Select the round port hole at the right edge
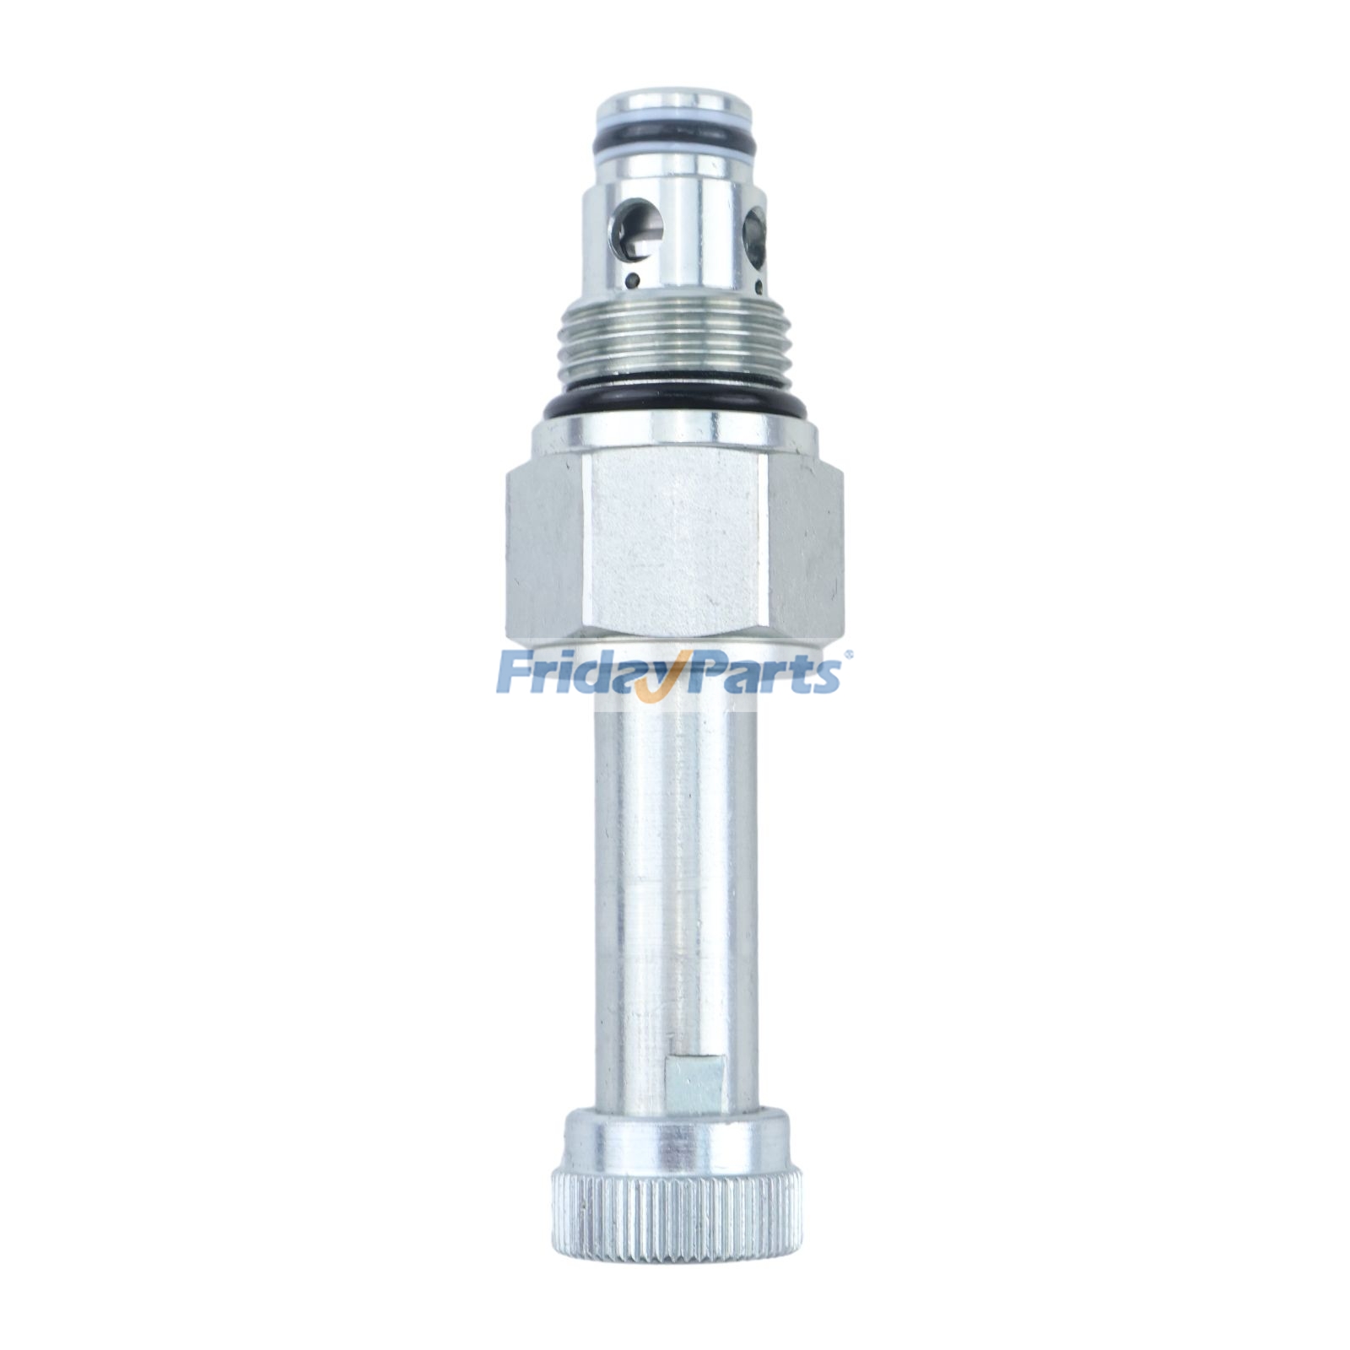pyautogui.click(x=753, y=235)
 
